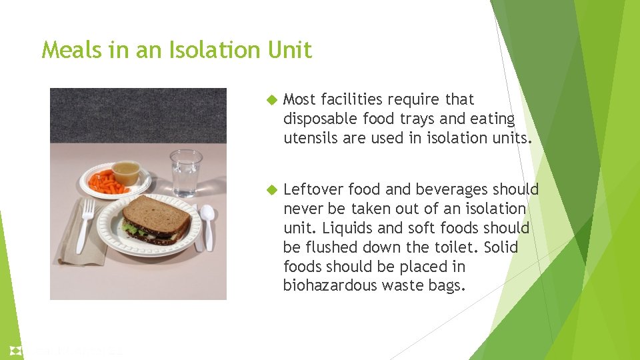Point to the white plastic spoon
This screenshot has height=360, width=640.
click(x=207, y=223)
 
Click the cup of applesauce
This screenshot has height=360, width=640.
click(x=125, y=173)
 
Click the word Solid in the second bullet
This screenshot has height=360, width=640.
click(x=501, y=247)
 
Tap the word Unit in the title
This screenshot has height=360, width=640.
click(x=294, y=50)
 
